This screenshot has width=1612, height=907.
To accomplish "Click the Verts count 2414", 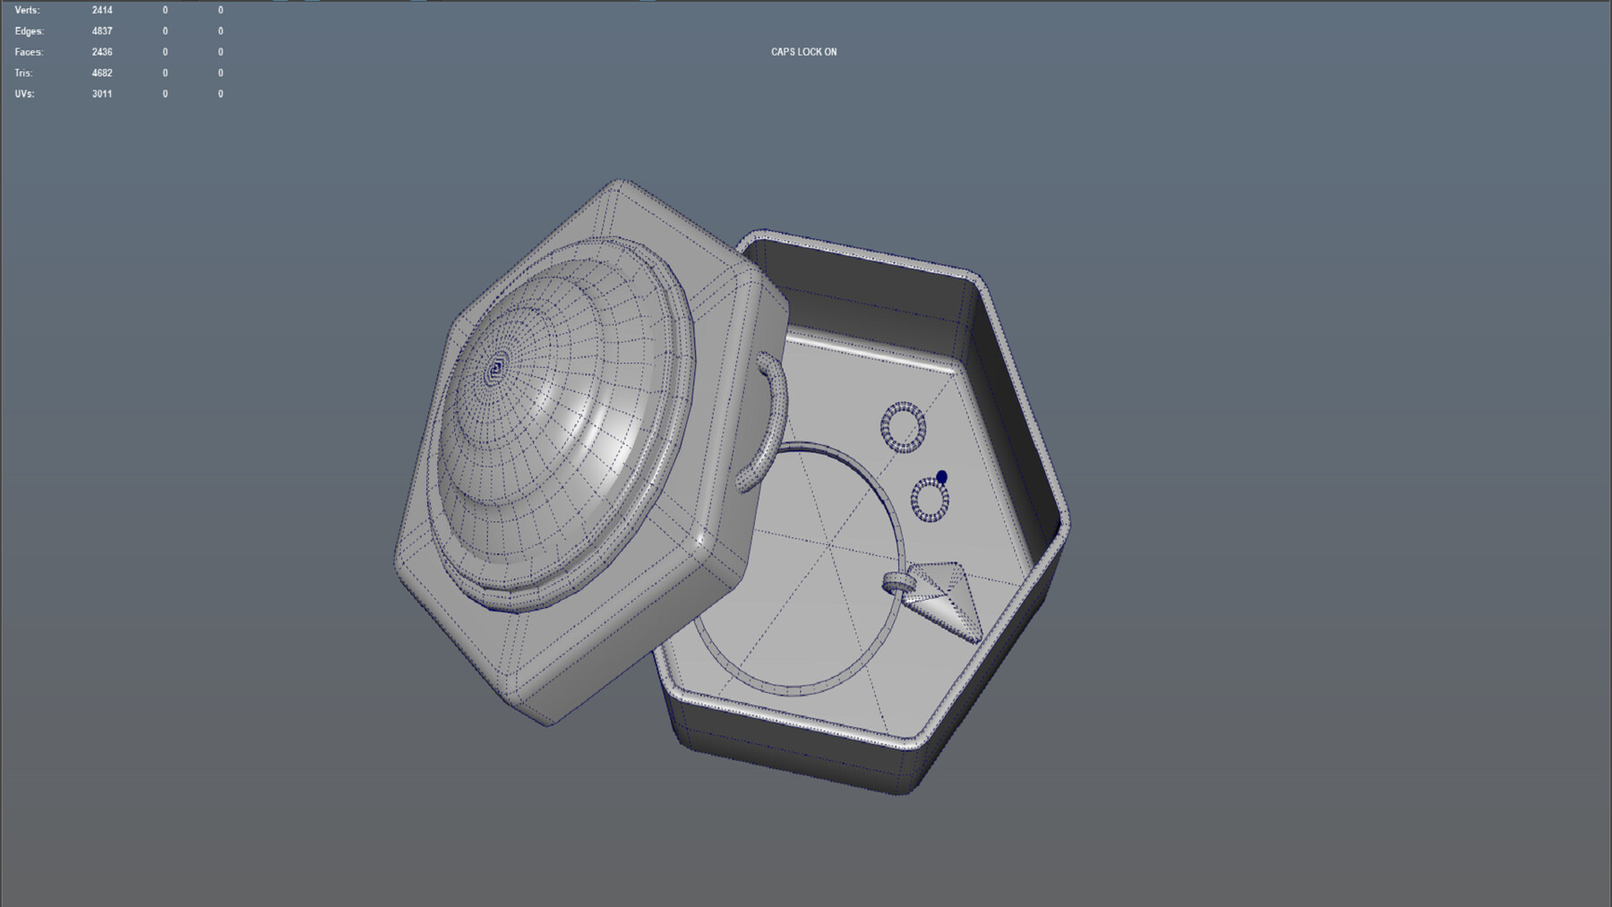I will coord(102,11).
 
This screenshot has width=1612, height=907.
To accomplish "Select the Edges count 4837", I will coord(102,31).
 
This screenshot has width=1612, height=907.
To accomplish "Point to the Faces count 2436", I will coord(102,52).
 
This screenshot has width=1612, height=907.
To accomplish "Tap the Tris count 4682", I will coord(102,73).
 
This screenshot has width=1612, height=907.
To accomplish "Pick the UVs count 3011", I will coord(102,93).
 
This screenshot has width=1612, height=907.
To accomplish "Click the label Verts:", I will coord(27,11).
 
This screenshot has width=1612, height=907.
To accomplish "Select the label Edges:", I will coord(29,31).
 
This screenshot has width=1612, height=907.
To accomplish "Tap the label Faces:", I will coord(29,52).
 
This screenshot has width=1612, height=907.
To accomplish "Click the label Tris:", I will coord(23,73).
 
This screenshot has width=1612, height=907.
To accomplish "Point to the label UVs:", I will coord(24,93).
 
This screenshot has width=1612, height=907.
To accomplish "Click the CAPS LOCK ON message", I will coord(803,52).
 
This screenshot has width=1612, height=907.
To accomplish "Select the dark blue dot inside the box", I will coord(941,477).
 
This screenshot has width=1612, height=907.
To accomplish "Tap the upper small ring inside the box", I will coord(903,427).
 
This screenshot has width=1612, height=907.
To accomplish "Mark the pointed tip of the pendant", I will coord(977,639).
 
